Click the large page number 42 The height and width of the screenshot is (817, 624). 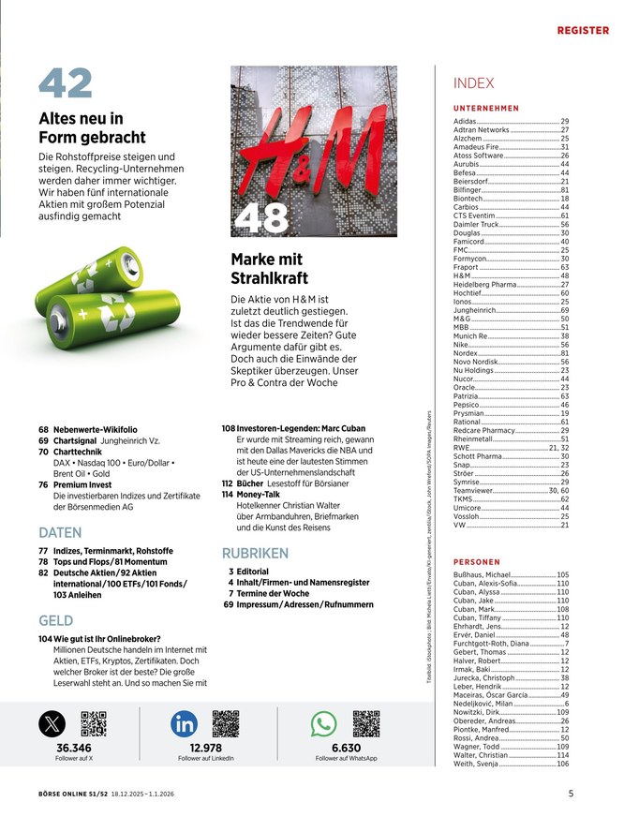(x=66, y=84)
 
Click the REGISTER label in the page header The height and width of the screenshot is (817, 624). (x=583, y=31)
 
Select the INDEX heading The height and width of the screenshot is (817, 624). (x=473, y=83)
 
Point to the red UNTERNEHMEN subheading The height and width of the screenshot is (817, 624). (x=485, y=109)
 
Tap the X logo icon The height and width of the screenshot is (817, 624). (x=53, y=724)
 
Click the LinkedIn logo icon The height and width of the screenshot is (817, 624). (x=184, y=724)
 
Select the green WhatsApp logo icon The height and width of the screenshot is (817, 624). (x=324, y=724)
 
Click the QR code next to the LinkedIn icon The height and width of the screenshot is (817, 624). (x=227, y=724)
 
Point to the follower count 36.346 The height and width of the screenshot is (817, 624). (x=74, y=749)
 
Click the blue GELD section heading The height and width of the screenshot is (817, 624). (x=56, y=620)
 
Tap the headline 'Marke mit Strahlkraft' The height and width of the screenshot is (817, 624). (x=269, y=269)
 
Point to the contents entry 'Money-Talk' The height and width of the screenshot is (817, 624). (x=258, y=493)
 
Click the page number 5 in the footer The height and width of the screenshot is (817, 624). (x=571, y=794)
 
